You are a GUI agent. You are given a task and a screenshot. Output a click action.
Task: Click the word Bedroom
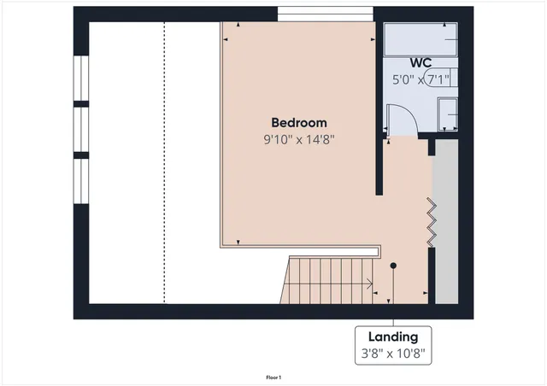[299, 123]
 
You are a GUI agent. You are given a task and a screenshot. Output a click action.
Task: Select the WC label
[421, 63]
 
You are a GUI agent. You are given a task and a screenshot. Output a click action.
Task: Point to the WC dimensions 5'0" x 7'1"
[421, 79]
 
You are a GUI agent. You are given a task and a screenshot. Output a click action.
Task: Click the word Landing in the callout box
[393, 336]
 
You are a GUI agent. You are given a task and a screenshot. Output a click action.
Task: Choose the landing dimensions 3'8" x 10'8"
[393, 352]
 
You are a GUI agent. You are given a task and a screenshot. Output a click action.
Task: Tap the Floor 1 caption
[273, 377]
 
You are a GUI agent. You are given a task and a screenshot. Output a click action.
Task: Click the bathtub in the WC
[421, 39]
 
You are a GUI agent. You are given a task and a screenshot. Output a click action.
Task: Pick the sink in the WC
[447, 113]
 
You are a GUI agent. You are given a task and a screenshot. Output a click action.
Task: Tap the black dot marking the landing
[393, 266]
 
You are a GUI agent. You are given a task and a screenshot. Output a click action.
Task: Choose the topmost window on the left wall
[81, 79]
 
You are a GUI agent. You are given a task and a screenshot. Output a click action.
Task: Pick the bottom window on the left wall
[81, 181]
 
